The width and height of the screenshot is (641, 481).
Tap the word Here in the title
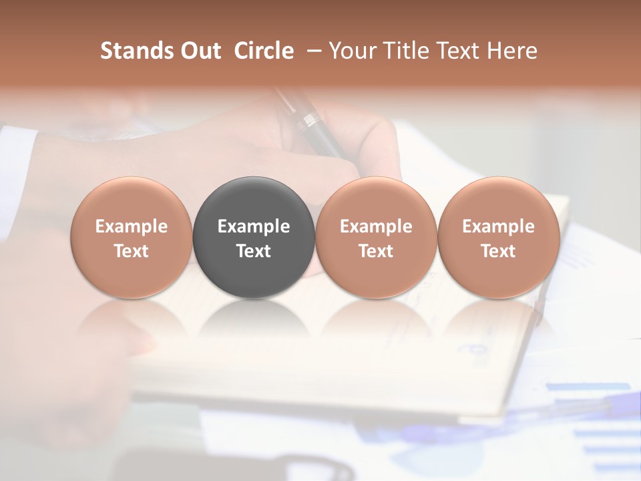pos(512,51)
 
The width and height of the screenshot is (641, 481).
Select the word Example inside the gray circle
pos(254,226)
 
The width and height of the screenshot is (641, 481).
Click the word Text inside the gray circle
pos(254,251)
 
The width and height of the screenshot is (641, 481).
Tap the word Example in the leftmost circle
pos(132,226)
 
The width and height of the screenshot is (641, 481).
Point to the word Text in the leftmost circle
pos(132,251)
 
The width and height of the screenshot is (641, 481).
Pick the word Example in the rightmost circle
pos(498,226)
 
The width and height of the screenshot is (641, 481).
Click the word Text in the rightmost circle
pos(498,251)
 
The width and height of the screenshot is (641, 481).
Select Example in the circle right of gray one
pos(376,226)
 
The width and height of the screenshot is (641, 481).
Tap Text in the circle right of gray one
pos(376,251)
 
